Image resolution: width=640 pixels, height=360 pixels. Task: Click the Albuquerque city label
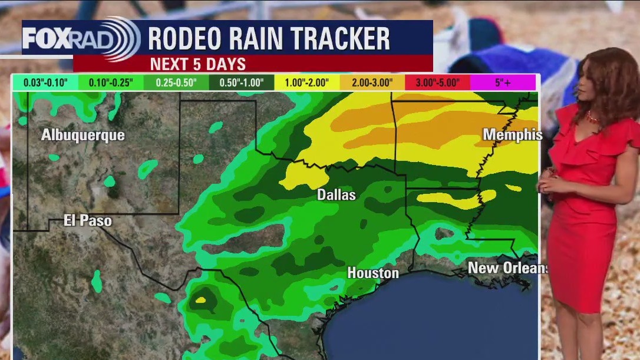pos(83,136)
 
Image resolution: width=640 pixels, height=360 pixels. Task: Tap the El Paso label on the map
pos(88,222)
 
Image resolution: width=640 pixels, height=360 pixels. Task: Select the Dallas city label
pos(337,194)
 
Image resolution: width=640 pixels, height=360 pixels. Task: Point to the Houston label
pos(373,273)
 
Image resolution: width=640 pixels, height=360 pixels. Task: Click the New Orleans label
pos(507,268)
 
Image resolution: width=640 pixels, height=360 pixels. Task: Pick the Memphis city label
pos(512,135)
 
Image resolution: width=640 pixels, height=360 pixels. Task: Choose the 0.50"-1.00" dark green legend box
pos(242,82)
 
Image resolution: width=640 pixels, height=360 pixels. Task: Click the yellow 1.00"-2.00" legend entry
pos(307,82)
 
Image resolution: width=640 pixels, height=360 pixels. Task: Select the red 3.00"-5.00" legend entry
pos(438,82)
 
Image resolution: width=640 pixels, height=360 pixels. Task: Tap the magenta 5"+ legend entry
pos(503,82)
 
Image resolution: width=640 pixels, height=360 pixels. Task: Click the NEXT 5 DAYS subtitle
pos(197,64)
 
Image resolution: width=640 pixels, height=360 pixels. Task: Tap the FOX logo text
pos(48,39)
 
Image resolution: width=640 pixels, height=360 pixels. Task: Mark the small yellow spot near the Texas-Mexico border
pos(200,300)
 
